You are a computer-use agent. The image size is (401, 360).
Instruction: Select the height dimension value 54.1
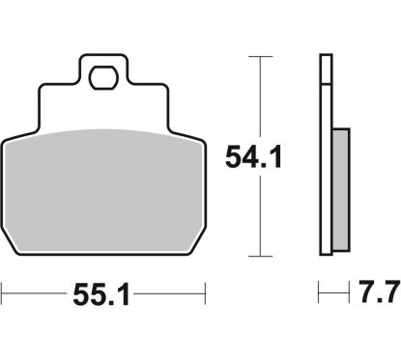tap(254, 156)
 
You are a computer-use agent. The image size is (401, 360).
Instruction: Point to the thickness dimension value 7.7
tap(378, 291)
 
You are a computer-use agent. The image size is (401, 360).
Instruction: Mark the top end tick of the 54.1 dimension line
tap(255, 57)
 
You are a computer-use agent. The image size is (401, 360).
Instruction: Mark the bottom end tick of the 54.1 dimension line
tap(255, 256)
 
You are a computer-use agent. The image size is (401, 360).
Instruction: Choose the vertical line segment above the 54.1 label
tap(255, 97)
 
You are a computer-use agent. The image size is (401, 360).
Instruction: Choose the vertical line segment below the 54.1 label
tap(255, 217)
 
